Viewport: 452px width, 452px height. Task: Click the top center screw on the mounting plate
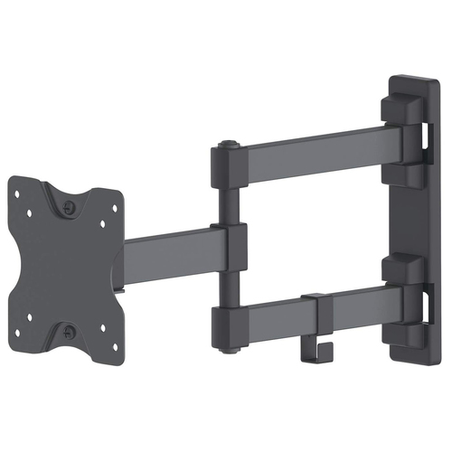pyautogui.click(x=71, y=205)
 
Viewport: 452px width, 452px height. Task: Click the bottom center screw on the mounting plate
pyautogui.click(x=71, y=332)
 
